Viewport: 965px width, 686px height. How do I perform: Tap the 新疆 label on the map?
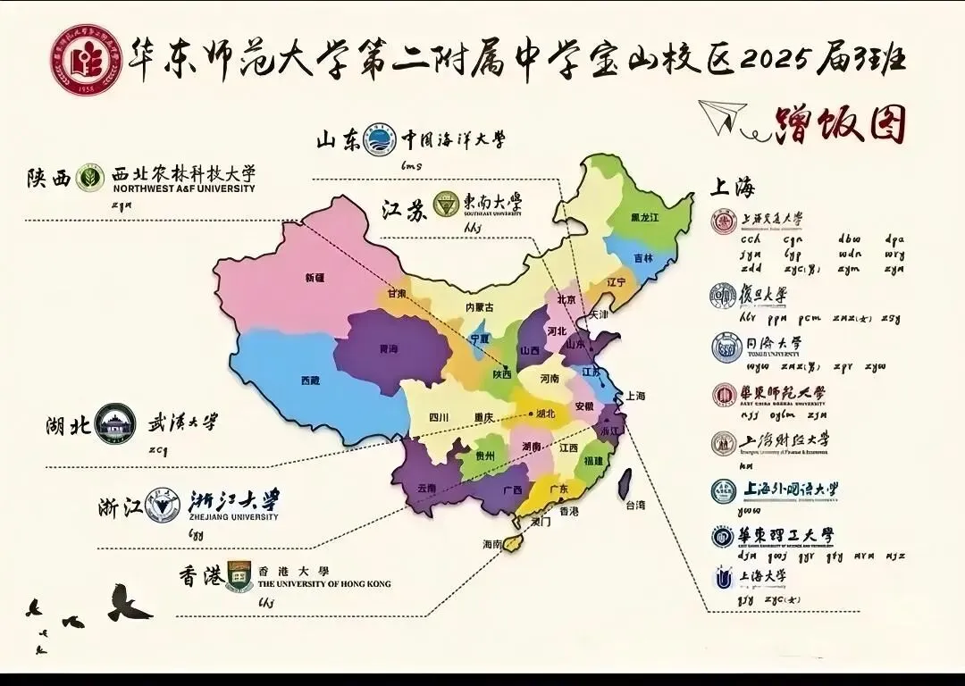tap(315, 278)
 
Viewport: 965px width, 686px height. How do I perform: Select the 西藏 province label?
tap(310, 381)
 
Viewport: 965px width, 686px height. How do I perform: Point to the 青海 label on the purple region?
tap(389, 350)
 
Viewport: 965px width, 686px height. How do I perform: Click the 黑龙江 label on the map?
tap(644, 217)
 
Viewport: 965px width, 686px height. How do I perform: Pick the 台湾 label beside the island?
tap(635, 506)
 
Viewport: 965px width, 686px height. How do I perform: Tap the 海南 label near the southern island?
tap(493, 543)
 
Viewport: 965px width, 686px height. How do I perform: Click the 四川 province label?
tap(438, 417)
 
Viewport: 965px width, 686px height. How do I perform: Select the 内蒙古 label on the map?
tap(480, 306)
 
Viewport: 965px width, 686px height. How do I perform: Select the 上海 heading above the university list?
tap(733, 188)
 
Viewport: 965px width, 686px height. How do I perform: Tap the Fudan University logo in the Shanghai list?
tap(724, 296)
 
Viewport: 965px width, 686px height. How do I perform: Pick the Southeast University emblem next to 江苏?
tap(443, 205)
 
